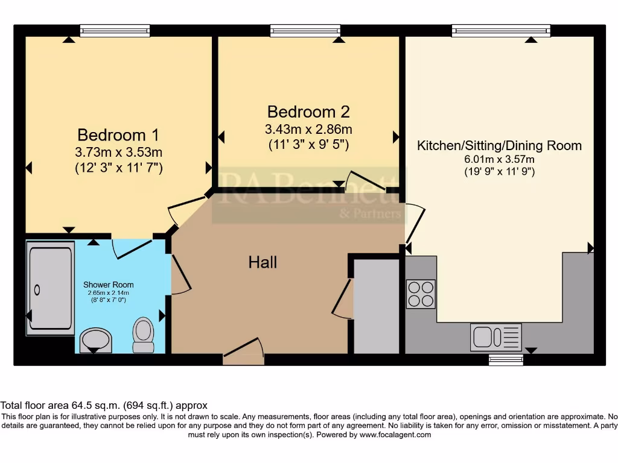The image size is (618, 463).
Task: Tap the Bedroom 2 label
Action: (308, 112)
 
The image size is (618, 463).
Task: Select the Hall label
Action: (263, 262)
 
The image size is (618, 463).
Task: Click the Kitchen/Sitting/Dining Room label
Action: (500, 145)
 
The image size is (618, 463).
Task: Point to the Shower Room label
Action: (109, 285)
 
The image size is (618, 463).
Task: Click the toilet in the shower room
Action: (143, 335)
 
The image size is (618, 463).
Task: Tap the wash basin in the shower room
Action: (95, 339)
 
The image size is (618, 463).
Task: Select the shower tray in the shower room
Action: (50, 288)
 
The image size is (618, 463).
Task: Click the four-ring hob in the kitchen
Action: (421, 294)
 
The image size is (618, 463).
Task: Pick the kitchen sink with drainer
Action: (495, 337)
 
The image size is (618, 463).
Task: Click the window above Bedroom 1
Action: (115, 30)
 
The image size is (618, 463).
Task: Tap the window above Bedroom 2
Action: (305, 30)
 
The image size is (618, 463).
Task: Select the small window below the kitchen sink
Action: (506, 360)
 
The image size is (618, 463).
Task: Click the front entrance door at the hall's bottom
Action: (244, 353)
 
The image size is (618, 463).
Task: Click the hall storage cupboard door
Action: (342, 298)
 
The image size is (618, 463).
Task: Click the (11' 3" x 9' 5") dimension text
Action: (308, 145)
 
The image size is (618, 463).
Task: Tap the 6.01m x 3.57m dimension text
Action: (500, 160)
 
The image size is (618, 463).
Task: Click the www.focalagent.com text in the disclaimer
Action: (395, 435)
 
